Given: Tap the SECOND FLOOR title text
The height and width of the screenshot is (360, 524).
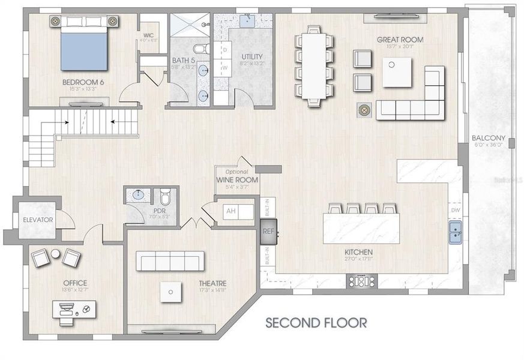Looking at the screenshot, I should tap(316, 323).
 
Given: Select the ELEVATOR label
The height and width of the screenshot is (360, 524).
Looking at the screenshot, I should tap(37, 220).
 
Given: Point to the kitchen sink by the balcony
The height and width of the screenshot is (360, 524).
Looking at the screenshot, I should tap(456, 232).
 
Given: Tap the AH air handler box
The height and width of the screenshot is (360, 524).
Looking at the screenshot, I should tap(230, 211).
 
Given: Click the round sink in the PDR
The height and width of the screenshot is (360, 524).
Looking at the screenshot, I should tap(137, 194).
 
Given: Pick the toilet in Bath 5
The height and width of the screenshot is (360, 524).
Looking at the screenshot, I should tap(201, 48).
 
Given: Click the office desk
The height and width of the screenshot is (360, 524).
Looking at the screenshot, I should tap(73, 310).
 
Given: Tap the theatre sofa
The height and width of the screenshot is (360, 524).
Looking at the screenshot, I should tap(170, 261).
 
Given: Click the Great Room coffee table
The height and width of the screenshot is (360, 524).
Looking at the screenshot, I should tap(397, 72).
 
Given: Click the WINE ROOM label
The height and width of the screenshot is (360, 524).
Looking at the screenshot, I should tap(238, 179).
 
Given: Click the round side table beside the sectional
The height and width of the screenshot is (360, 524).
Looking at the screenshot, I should tap(364, 110).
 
